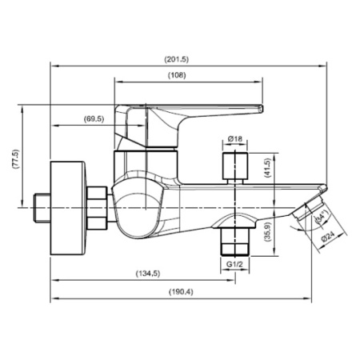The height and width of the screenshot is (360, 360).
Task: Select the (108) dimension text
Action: click(178, 75)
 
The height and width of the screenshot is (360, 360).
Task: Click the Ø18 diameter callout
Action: click(235, 139)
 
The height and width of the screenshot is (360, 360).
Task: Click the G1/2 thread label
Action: click(234, 263)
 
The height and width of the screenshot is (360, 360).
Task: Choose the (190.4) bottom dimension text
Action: click(180, 291)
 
